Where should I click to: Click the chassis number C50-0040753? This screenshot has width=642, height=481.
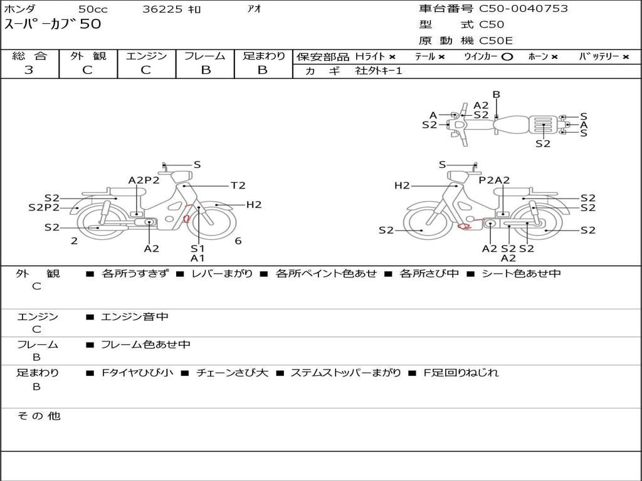pos(524,9)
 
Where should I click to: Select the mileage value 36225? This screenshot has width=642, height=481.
pos(162,9)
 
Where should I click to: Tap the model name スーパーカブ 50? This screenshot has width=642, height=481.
pos(53,24)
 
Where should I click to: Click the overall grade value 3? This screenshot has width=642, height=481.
pos(29,70)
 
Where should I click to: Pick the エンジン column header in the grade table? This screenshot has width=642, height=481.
pos(146,56)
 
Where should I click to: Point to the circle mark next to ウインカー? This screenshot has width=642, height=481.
pos(507,57)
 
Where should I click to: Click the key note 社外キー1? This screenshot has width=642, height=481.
pos(379,71)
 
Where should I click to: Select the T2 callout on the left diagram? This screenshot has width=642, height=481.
pos(238,185)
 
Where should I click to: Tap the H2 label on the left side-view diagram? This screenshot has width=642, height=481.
pos(253,205)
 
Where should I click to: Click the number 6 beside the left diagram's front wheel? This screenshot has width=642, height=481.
pos(238,241)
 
